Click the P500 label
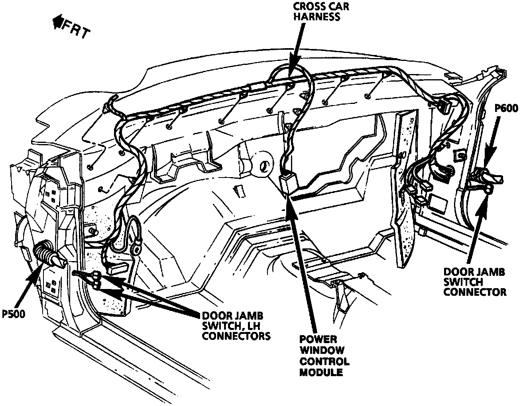click(x=14, y=314)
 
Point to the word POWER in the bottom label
click(x=318, y=340)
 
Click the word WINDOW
click(x=322, y=351)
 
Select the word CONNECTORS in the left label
click(x=236, y=336)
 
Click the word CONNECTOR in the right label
click(x=475, y=292)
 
